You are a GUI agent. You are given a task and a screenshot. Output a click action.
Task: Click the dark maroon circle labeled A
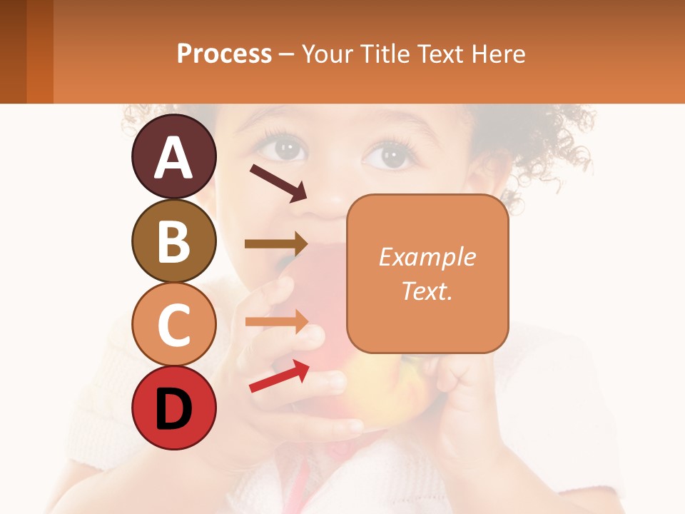[173, 156]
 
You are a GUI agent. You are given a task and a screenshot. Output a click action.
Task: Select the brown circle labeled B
[173, 241]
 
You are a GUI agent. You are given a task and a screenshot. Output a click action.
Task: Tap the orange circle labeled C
[173, 324]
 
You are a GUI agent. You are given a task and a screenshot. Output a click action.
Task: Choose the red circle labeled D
[173, 408]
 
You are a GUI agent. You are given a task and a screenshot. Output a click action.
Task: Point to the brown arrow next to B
[276, 244]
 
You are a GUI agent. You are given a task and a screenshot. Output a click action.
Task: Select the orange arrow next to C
[276, 321]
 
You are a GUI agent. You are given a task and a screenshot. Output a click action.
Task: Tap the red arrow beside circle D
[278, 376]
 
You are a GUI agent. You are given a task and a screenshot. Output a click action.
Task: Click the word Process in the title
[224, 54]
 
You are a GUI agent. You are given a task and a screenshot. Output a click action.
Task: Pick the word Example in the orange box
[427, 257]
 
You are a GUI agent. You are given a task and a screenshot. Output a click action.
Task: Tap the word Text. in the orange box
[427, 291]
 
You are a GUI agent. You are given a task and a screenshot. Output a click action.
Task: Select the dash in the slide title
[286, 54]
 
